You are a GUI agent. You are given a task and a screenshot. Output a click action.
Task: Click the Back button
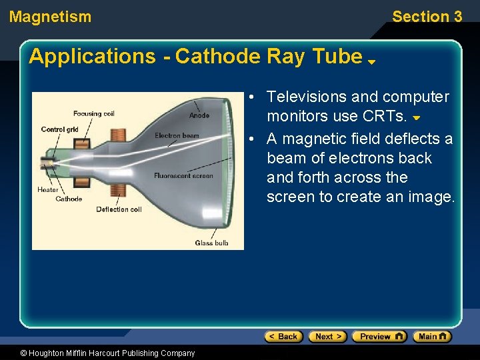tap(283, 337)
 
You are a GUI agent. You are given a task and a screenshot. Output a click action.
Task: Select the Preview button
tap(379, 337)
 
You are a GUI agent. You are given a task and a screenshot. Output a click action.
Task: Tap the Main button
tap(432, 337)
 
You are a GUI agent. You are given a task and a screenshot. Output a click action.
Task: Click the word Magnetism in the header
tap(51, 17)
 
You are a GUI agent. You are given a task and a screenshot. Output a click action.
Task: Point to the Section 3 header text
tap(427, 17)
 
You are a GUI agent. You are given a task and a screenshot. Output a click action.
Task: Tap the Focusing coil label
tap(94, 114)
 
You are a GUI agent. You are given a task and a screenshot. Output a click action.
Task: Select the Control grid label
tap(59, 129)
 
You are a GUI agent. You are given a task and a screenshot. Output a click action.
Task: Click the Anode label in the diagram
tap(199, 115)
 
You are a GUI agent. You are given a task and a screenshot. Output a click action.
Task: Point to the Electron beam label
tap(177, 136)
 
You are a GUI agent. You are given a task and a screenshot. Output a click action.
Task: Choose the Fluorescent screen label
tap(183, 176)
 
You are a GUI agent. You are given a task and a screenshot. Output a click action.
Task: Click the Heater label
tap(48, 190)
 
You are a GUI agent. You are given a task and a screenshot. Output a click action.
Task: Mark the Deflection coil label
tap(119, 209)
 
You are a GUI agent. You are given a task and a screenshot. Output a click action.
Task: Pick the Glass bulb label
tap(211, 243)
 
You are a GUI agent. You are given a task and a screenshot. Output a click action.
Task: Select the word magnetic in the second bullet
tap(313, 139)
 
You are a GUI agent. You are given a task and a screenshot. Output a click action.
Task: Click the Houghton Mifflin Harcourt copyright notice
tap(98, 353)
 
